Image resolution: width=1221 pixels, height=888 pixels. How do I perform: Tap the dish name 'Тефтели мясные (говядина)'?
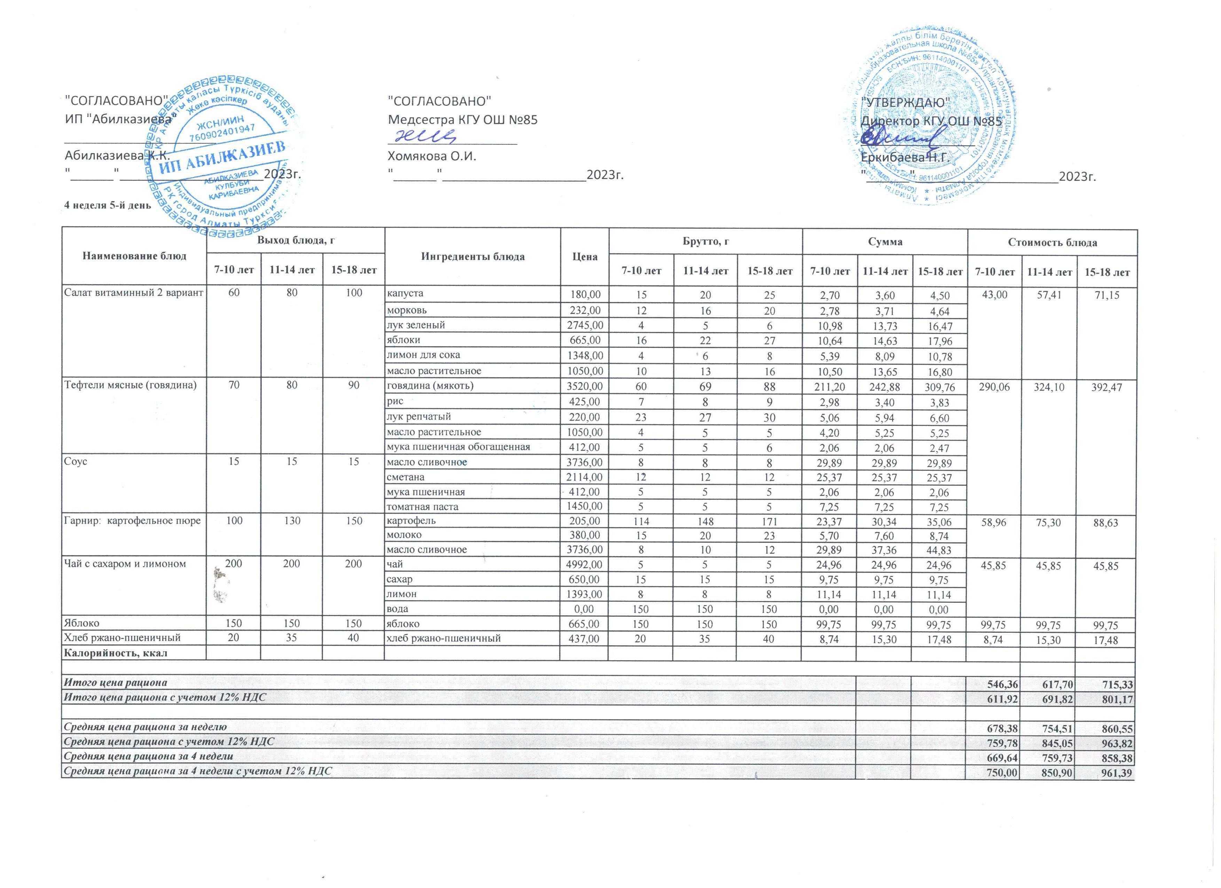pyautogui.click(x=130, y=385)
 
